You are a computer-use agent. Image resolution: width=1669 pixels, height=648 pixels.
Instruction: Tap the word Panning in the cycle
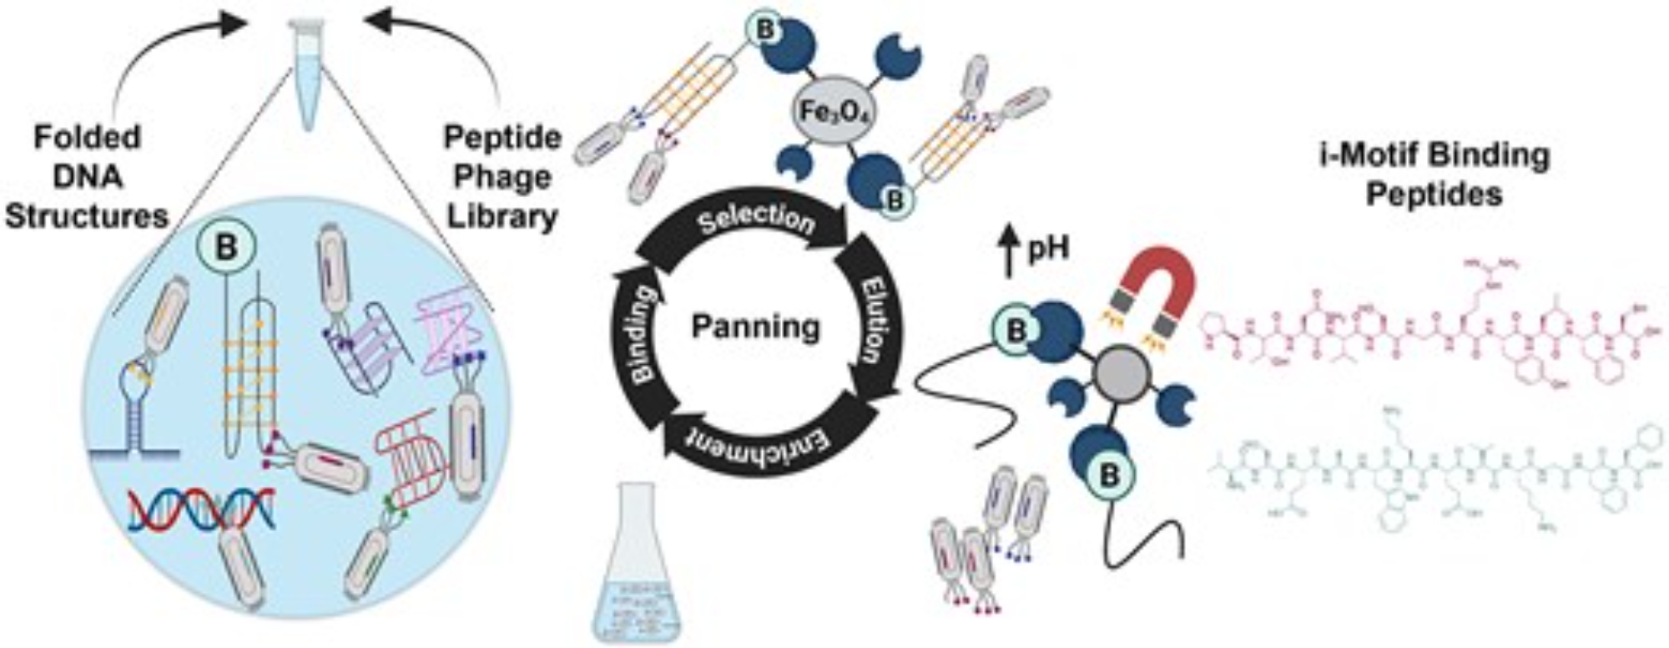tap(756, 327)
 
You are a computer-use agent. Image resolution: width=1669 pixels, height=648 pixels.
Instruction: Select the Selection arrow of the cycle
tap(756, 221)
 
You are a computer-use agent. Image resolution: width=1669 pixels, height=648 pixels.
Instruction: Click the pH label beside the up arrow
tap(1048, 250)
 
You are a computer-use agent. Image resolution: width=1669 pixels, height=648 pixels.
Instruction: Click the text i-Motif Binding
tap(1435, 156)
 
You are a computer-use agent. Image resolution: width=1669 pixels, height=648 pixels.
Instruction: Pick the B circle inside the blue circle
tap(226, 247)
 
